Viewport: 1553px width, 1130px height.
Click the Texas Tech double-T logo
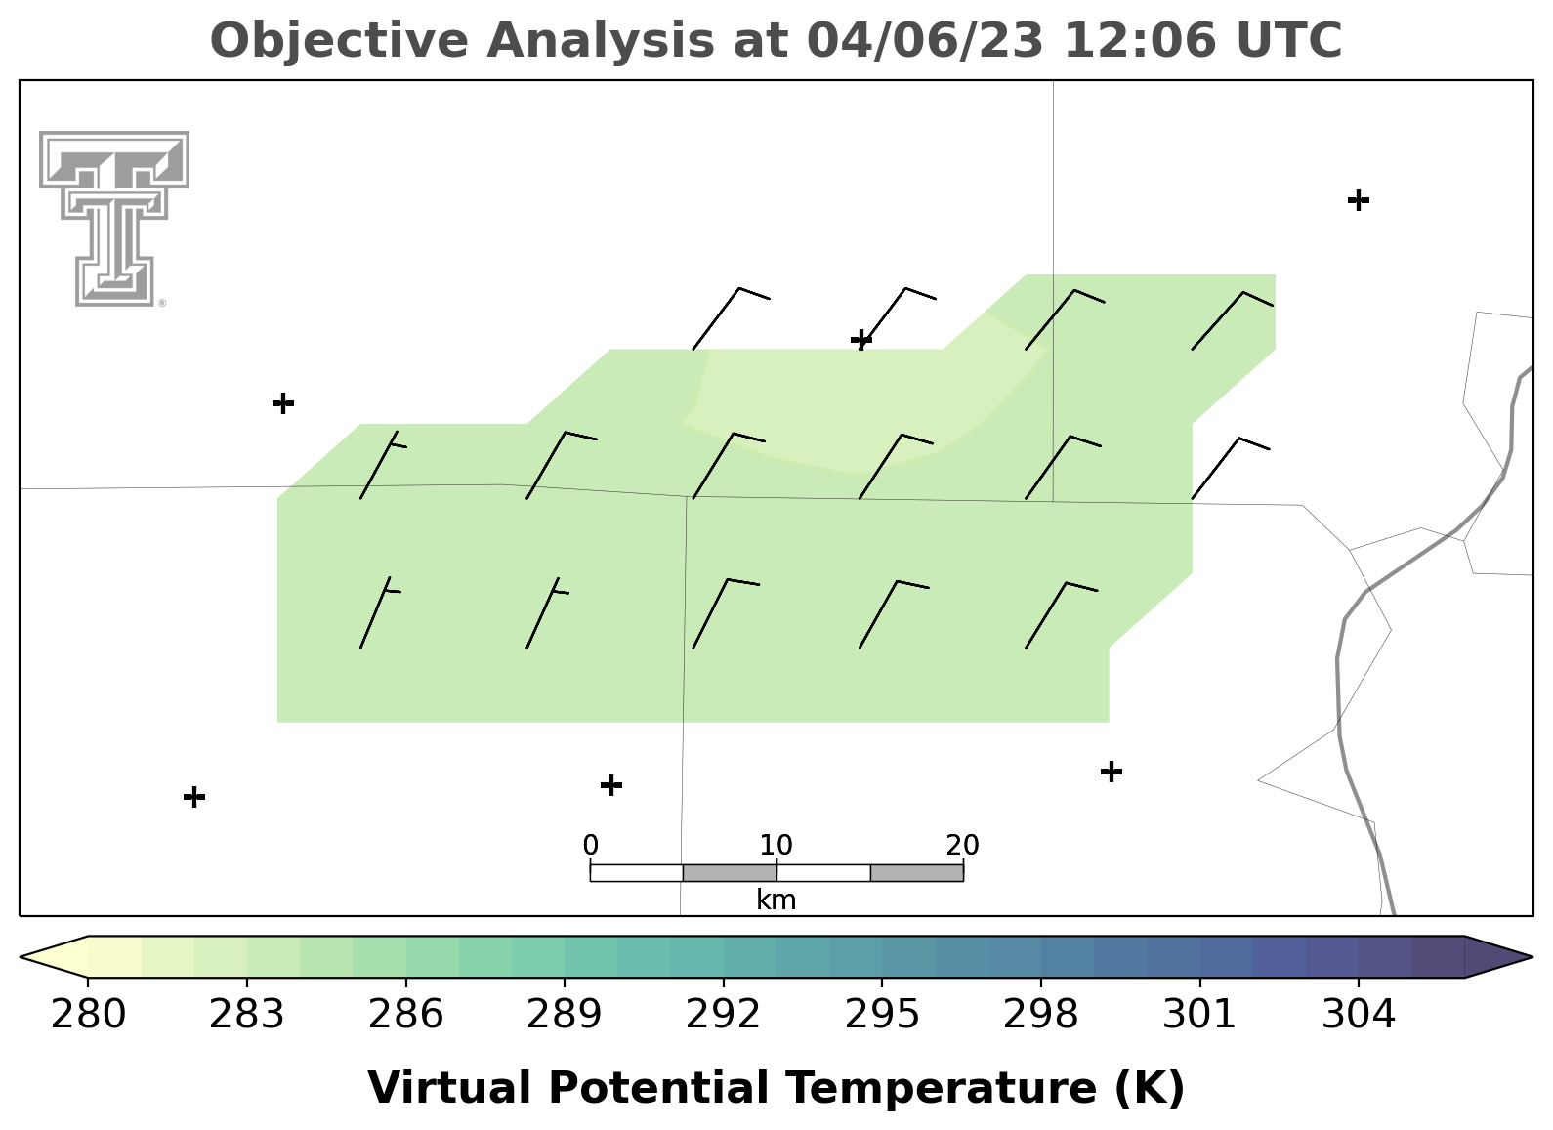click(114, 219)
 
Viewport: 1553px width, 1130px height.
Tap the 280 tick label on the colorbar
click(88, 1015)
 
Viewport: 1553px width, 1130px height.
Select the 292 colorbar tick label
click(723, 1015)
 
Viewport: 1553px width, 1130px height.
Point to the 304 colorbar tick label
click(1359, 1015)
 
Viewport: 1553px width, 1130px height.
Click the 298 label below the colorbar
click(1040, 1015)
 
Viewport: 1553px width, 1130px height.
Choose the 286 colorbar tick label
click(405, 1015)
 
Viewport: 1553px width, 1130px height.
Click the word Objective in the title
click(340, 42)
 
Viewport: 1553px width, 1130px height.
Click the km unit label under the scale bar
click(776, 900)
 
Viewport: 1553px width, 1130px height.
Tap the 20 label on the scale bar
click(962, 846)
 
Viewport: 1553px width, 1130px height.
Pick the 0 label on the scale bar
click(591, 846)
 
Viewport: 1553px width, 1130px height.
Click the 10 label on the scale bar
click(776, 846)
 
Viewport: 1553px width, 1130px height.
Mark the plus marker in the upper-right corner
click(1359, 200)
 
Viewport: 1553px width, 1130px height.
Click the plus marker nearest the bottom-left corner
click(194, 797)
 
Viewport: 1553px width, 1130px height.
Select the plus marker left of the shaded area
click(283, 402)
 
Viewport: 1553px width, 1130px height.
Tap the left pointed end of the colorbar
click(21, 957)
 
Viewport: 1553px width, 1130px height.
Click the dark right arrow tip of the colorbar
click(1532, 957)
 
